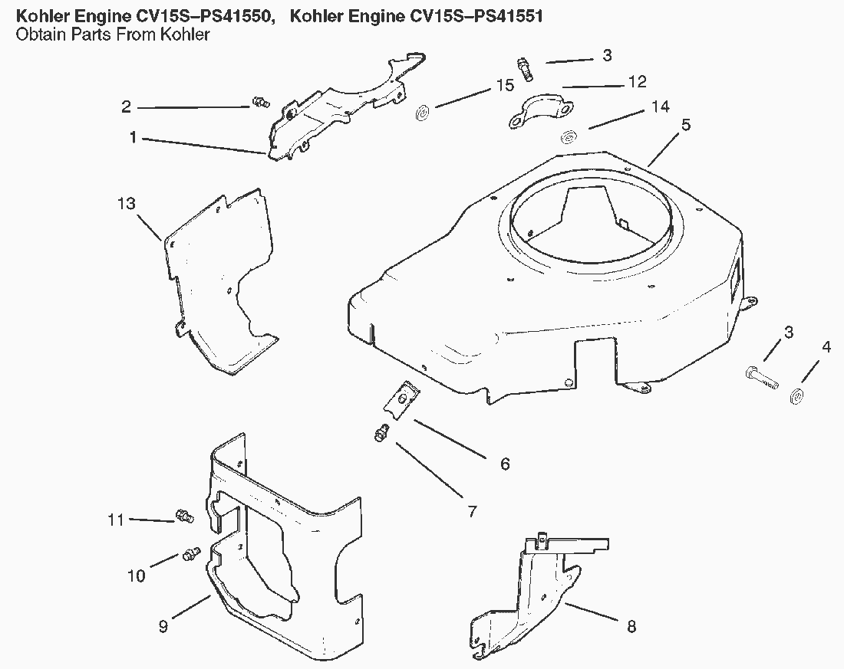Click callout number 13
pyautogui.click(x=127, y=204)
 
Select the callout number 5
pyautogui.click(x=685, y=125)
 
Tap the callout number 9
pyautogui.click(x=163, y=626)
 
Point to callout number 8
pyautogui.click(x=631, y=626)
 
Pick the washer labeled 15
pyautogui.click(x=422, y=115)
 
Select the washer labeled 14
pyautogui.click(x=569, y=138)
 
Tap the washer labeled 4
pyautogui.click(x=796, y=396)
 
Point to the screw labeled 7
pyautogui.click(x=379, y=435)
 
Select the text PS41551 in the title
pyautogui.click(x=499, y=16)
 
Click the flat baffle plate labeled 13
pyautogui.click(x=219, y=284)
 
